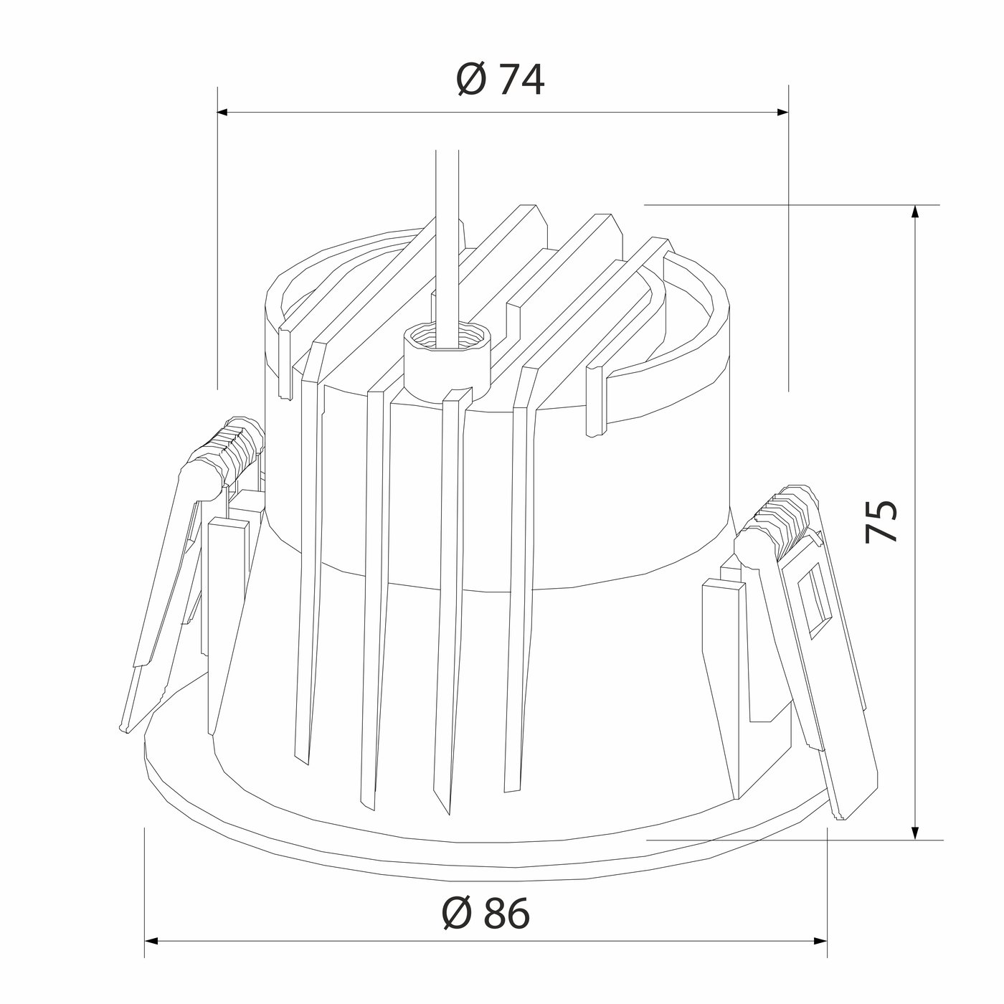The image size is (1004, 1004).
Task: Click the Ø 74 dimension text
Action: [500, 80]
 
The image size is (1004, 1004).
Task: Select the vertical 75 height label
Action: [881, 521]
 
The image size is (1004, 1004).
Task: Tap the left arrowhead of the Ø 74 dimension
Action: [223, 112]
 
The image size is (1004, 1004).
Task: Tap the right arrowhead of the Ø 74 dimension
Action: [782, 112]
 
